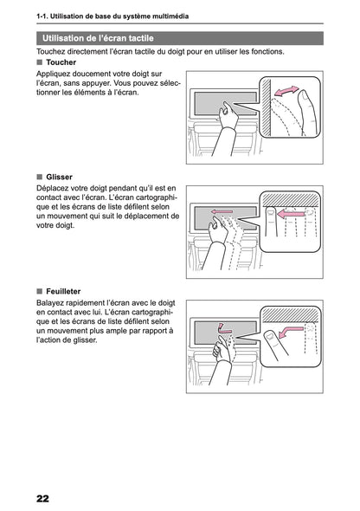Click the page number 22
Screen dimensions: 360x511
pyautogui.click(x=42, y=499)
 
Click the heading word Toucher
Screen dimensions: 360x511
pyautogui.click(x=61, y=62)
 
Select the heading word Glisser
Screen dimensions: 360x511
pyautogui.click(x=59, y=177)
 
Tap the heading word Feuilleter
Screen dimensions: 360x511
pyautogui.click(x=63, y=291)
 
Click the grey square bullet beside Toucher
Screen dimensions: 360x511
pyautogui.click(x=40, y=62)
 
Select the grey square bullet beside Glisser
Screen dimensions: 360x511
pyautogui.click(x=40, y=177)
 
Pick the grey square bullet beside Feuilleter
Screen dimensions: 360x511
pyautogui.click(x=40, y=291)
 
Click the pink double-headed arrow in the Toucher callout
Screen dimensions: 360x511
pyautogui.click(x=286, y=91)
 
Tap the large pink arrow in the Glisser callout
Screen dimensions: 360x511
pyautogui.click(x=291, y=214)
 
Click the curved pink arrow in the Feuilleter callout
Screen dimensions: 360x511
pyautogui.click(x=291, y=331)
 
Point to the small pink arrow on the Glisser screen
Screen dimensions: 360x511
pyautogui.click(x=222, y=212)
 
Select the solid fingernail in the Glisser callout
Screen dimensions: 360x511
pyautogui.click(x=270, y=213)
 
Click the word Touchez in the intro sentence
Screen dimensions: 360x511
pyautogui.click(x=50, y=51)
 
